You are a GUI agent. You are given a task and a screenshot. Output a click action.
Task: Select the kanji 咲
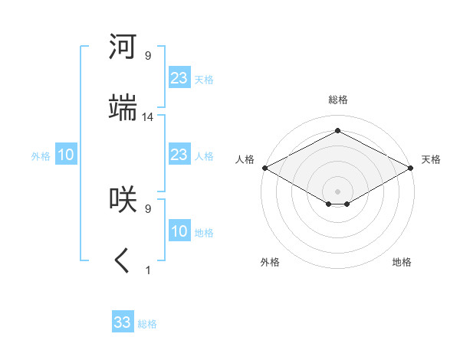coord(123,198)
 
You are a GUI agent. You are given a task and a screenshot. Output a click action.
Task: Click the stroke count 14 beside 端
coord(148,117)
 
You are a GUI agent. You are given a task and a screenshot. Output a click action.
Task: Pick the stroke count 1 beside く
coord(148,270)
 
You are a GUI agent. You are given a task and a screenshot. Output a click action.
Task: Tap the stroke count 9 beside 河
coord(148,56)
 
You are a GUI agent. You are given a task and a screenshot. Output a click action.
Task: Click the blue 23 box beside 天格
coord(179,78)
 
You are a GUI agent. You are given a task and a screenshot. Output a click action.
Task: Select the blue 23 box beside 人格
coord(179,155)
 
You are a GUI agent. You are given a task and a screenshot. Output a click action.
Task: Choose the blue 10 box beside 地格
coord(179,231)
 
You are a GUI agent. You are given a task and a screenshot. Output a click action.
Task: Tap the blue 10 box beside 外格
coord(66,155)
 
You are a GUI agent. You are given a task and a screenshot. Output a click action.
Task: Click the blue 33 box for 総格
coord(123,322)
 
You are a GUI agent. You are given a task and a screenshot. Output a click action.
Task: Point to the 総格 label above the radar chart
coord(337,100)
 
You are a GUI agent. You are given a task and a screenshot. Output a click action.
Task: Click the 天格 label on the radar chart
coord(431,159)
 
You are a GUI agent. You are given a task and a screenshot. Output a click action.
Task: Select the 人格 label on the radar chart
coord(245,159)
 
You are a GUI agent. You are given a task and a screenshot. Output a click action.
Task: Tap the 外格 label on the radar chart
coord(270,262)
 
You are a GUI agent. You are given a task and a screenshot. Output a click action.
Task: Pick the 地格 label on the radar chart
coord(402,262)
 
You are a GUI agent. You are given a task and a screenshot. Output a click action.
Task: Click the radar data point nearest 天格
coord(412,168)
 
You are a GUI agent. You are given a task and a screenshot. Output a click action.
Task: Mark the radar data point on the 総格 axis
coord(337,131)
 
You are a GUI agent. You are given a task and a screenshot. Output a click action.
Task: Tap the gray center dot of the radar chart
coord(337,191)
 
